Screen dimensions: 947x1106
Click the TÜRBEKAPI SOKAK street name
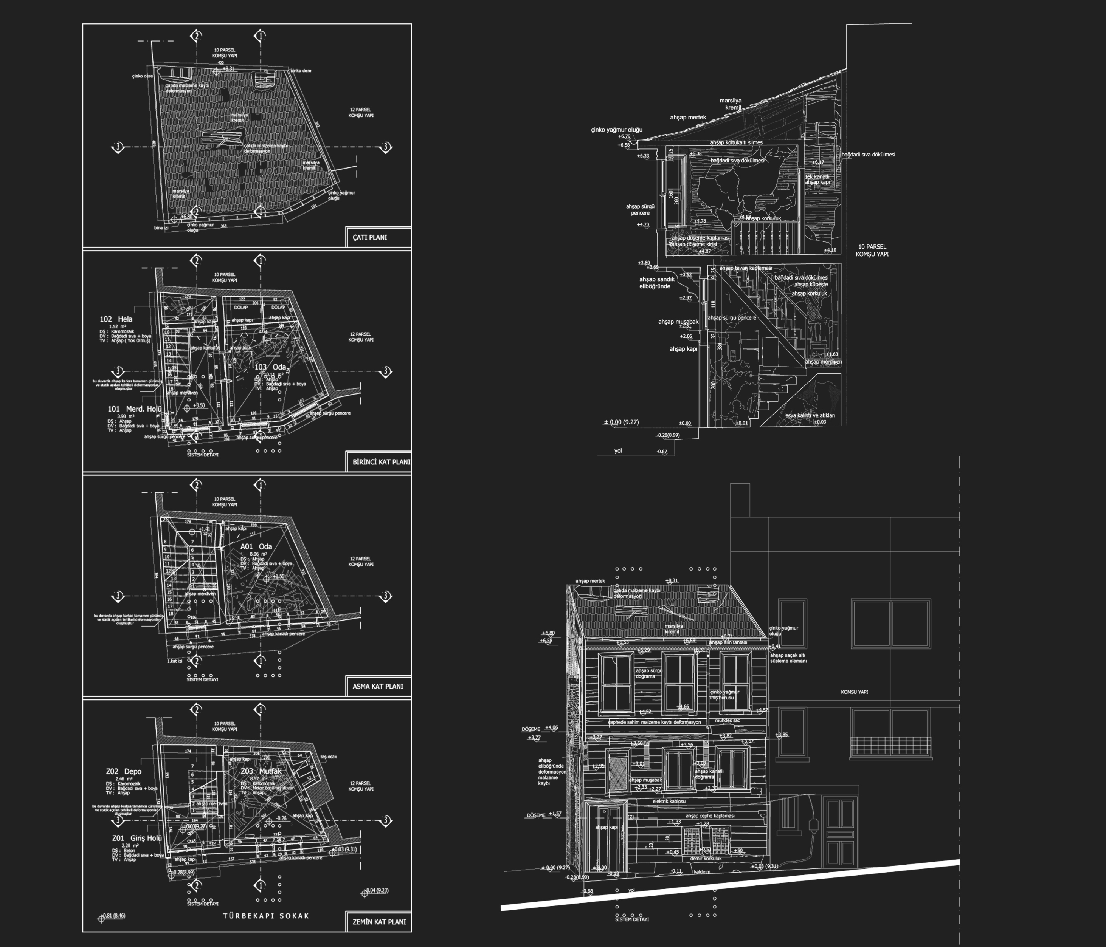(x=266, y=916)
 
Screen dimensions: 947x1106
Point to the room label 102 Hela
(x=116, y=319)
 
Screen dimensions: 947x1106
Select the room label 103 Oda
(x=270, y=367)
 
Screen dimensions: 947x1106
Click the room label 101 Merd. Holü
(x=135, y=409)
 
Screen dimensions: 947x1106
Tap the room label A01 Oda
(x=256, y=546)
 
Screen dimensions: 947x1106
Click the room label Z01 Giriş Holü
(x=137, y=838)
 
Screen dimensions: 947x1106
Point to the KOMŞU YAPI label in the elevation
(x=854, y=692)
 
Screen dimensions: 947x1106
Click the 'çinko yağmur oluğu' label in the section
(x=616, y=130)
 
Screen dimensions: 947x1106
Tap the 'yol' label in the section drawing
(x=618, y=451)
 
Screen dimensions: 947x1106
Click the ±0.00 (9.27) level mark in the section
(x=621, y=422)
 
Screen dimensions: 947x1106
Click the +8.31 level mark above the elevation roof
(x=672, y=580)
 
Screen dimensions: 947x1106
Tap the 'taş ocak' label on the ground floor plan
(x=328, y=757)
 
